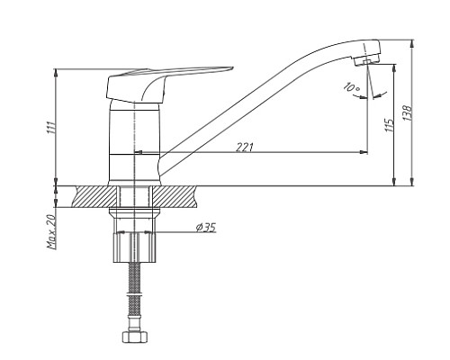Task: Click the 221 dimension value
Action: point(245,147)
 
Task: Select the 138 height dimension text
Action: point(408,112)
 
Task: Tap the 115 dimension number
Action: point(389,125)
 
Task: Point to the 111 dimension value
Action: point(51,127)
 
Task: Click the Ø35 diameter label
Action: point(206,228)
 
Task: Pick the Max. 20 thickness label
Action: point(51,232)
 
